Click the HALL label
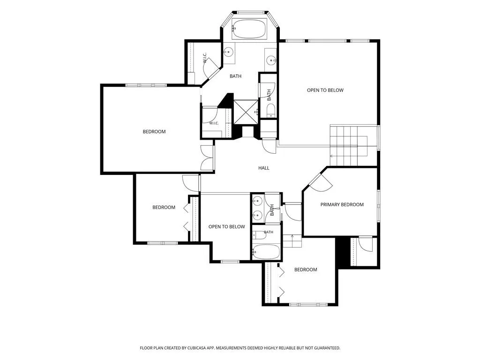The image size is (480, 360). coord(263,168)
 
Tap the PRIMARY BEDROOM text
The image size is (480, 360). coord(342,204)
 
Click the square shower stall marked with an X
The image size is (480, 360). coord(246,112)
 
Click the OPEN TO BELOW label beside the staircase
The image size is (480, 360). coord(325,90)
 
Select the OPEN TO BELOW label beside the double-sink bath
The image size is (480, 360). coord(226,227)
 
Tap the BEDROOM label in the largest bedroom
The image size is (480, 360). coord(154,132)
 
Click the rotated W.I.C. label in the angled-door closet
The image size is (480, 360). coord(205,58)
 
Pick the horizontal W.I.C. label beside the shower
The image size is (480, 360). coord(214,123)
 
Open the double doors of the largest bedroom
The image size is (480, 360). coord(207,158)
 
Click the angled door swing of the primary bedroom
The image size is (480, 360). coord(321,183)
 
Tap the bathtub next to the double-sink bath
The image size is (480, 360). coord(266,252)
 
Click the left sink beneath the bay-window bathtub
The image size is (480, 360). coord(228,52)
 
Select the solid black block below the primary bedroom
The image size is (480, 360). coord(343,252)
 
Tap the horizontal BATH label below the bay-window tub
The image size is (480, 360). coord(235,76)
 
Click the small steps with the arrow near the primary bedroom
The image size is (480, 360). coord(292,241)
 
